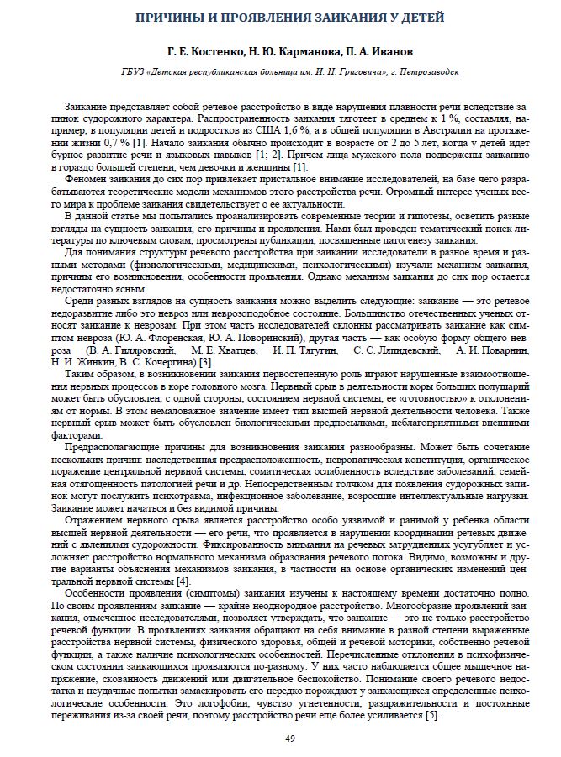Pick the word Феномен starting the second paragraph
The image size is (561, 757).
(87, 180)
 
